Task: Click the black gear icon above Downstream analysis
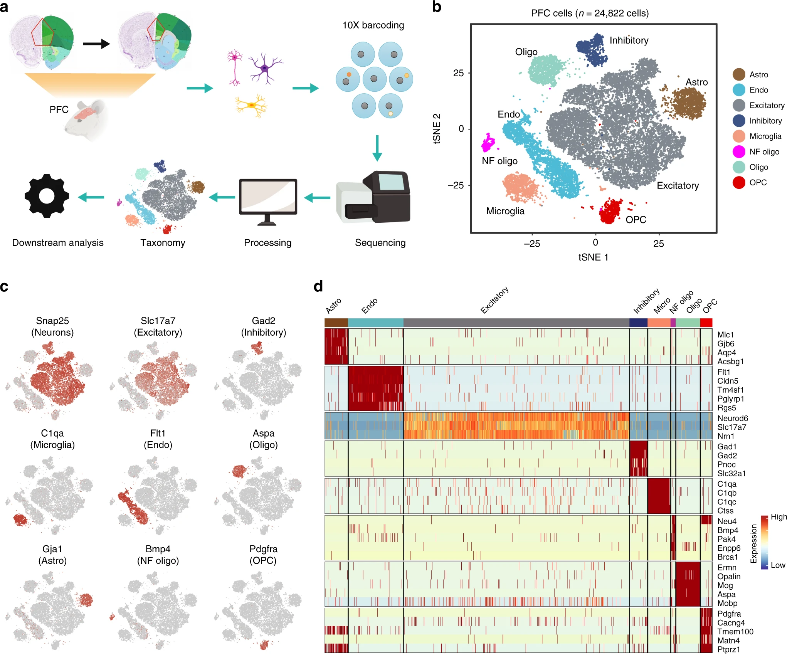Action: click(x=47, y=196)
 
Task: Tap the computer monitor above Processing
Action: click(x=268, y=197)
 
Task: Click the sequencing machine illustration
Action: click(x=373, y=197)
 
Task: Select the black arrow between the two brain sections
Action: click(x=96, y=44)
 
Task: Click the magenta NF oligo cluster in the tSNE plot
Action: click(x=488, y=143)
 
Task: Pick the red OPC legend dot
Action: click(x=738, y=183)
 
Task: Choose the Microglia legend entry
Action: click(x=765, y=136)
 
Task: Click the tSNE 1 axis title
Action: click(x=593, y=257)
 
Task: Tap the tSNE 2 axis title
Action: click(x=437, y=129)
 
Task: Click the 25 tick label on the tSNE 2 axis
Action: click(x=458, y=73)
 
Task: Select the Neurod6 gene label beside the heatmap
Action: click(x=732, y=418)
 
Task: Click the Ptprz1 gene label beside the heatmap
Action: click(x=728, y=649)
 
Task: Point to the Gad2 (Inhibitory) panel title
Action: click(x=264, y=326)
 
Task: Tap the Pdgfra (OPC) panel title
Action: click(x=264, y=555)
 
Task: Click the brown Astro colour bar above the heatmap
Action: click(x=336, y=323)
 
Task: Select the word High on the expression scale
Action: click(x=779, y=517)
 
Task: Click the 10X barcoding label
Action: click(x=373, y=25)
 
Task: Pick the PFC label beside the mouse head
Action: click(x=59, y=110)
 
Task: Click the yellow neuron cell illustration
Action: click(x=251, y=105)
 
